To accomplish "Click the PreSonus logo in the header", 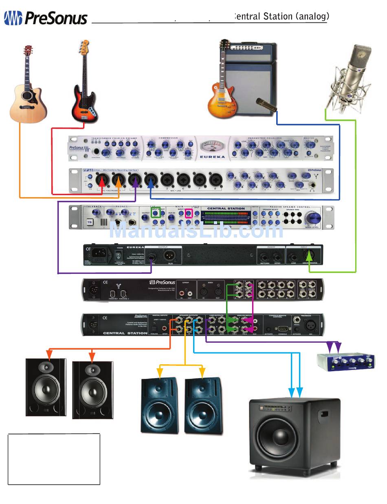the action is tap(46, 18).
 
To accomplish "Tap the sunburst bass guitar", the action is tap(84, 84).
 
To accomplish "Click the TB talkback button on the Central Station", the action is tap(90, 222).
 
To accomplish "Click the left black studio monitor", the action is tap(46, 387).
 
